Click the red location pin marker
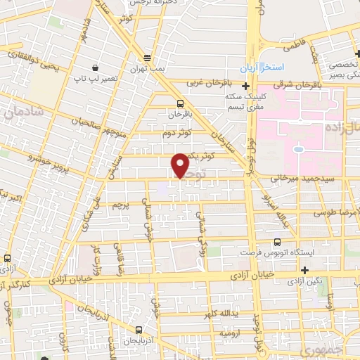(180, 165)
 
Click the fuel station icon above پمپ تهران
(146, 58)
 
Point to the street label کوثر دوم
(176, 132)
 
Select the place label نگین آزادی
(304, 281)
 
